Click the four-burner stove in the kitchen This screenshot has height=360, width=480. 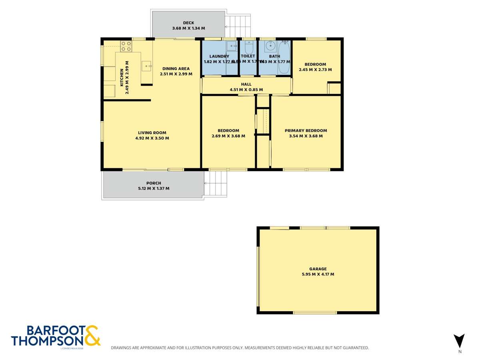click(126, 46)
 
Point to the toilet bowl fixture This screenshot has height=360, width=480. click(248, 48)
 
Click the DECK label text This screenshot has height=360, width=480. click(188, 23)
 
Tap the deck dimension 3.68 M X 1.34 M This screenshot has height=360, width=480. click(188, 28)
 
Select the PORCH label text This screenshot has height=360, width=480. click(154, 183)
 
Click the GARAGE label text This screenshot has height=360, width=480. click(318, 269)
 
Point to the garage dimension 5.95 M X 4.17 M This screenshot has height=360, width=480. click(318, 274)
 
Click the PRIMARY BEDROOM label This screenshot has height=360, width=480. click(306, 130)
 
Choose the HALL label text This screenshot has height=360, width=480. click(246, 84)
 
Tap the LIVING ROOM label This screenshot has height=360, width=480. click(152, 133)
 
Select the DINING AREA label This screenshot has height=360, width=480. click(176, 68)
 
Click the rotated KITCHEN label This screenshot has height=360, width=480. click(122, 78)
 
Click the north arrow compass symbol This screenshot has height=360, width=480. click(460, 341)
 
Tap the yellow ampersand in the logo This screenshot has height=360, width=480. click(92, 336)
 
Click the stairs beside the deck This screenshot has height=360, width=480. click(239, 26)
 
